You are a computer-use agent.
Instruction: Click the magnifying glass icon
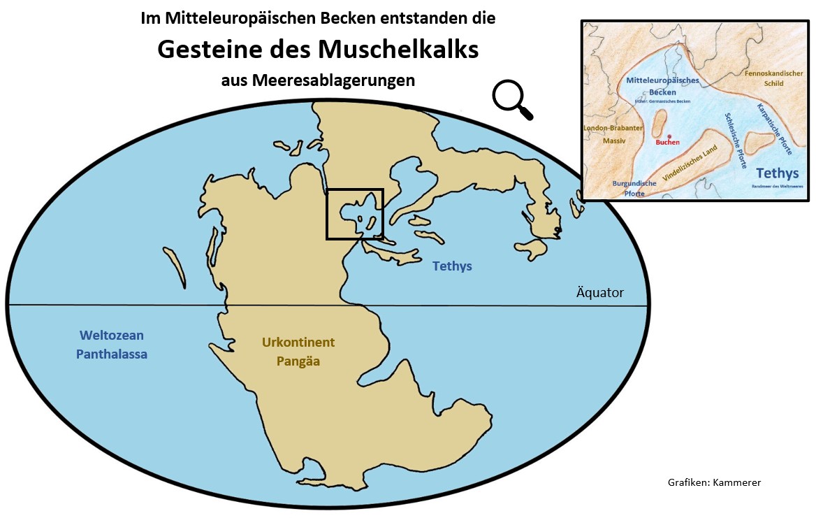511,99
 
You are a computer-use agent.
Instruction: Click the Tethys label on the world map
452,266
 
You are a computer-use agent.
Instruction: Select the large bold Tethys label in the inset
778,173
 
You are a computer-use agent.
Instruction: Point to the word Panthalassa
112,354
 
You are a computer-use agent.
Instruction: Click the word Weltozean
112,336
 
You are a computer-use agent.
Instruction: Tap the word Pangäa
298,361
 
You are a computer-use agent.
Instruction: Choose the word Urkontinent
298,343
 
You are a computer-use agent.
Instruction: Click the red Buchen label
667,143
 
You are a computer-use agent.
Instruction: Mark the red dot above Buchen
669,136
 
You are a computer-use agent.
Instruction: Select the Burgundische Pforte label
634,188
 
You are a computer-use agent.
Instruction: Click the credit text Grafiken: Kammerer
713,482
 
